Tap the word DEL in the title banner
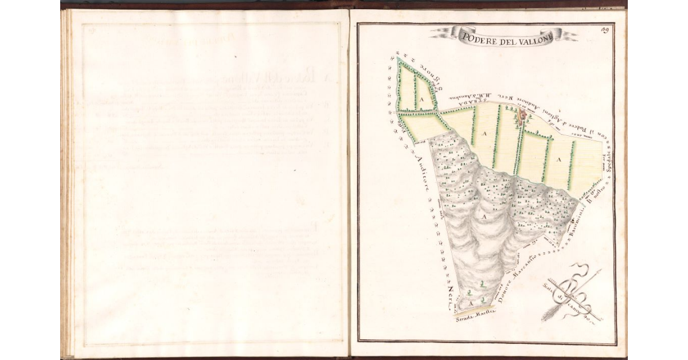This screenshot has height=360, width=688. pos(505,37)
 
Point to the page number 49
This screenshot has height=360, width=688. pos(604,30)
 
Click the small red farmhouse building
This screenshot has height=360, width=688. pos(522,116)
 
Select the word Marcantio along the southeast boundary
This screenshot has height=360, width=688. pos(527,261)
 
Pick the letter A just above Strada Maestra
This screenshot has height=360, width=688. pos(471,303)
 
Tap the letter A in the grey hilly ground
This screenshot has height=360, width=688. pos(483,217)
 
